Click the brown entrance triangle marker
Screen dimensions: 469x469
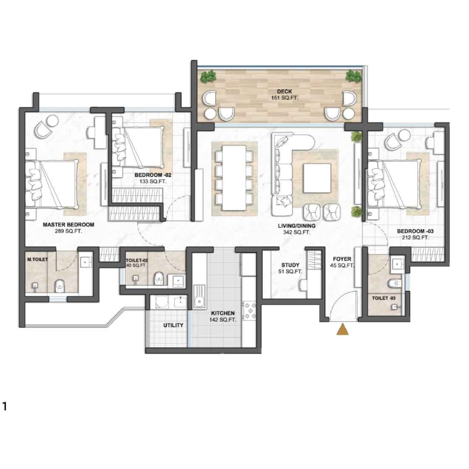click(x=343, y=329)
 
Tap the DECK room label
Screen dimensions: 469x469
click(x=284, y=91)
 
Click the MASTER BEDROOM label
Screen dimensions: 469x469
click(x=69, y=225)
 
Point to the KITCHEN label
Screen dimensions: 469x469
click(x=223, y=313)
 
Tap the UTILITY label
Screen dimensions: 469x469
click(x=173, y=325)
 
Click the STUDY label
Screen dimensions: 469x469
click(x=290, y=265)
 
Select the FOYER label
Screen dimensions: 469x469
click(x=342, y=259)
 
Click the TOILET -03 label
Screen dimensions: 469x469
click(x=384, y=298)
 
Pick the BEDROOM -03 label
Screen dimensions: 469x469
click(x=415, y=231)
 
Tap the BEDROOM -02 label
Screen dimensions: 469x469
click(x=153, y=175)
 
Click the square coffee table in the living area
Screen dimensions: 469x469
click(x=317, y=178)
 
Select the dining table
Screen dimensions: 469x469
click(x=234, y=178)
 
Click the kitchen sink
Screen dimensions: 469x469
click(x=199, y=296)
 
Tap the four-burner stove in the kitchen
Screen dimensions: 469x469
click(x=250, y=310)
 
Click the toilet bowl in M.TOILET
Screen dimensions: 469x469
click(x=60, y=286)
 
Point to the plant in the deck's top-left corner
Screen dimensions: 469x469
click(x=209, y=76)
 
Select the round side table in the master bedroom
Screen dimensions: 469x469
click(x=53, y=121)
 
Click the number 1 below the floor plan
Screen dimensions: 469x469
click(x=4, y=407)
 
